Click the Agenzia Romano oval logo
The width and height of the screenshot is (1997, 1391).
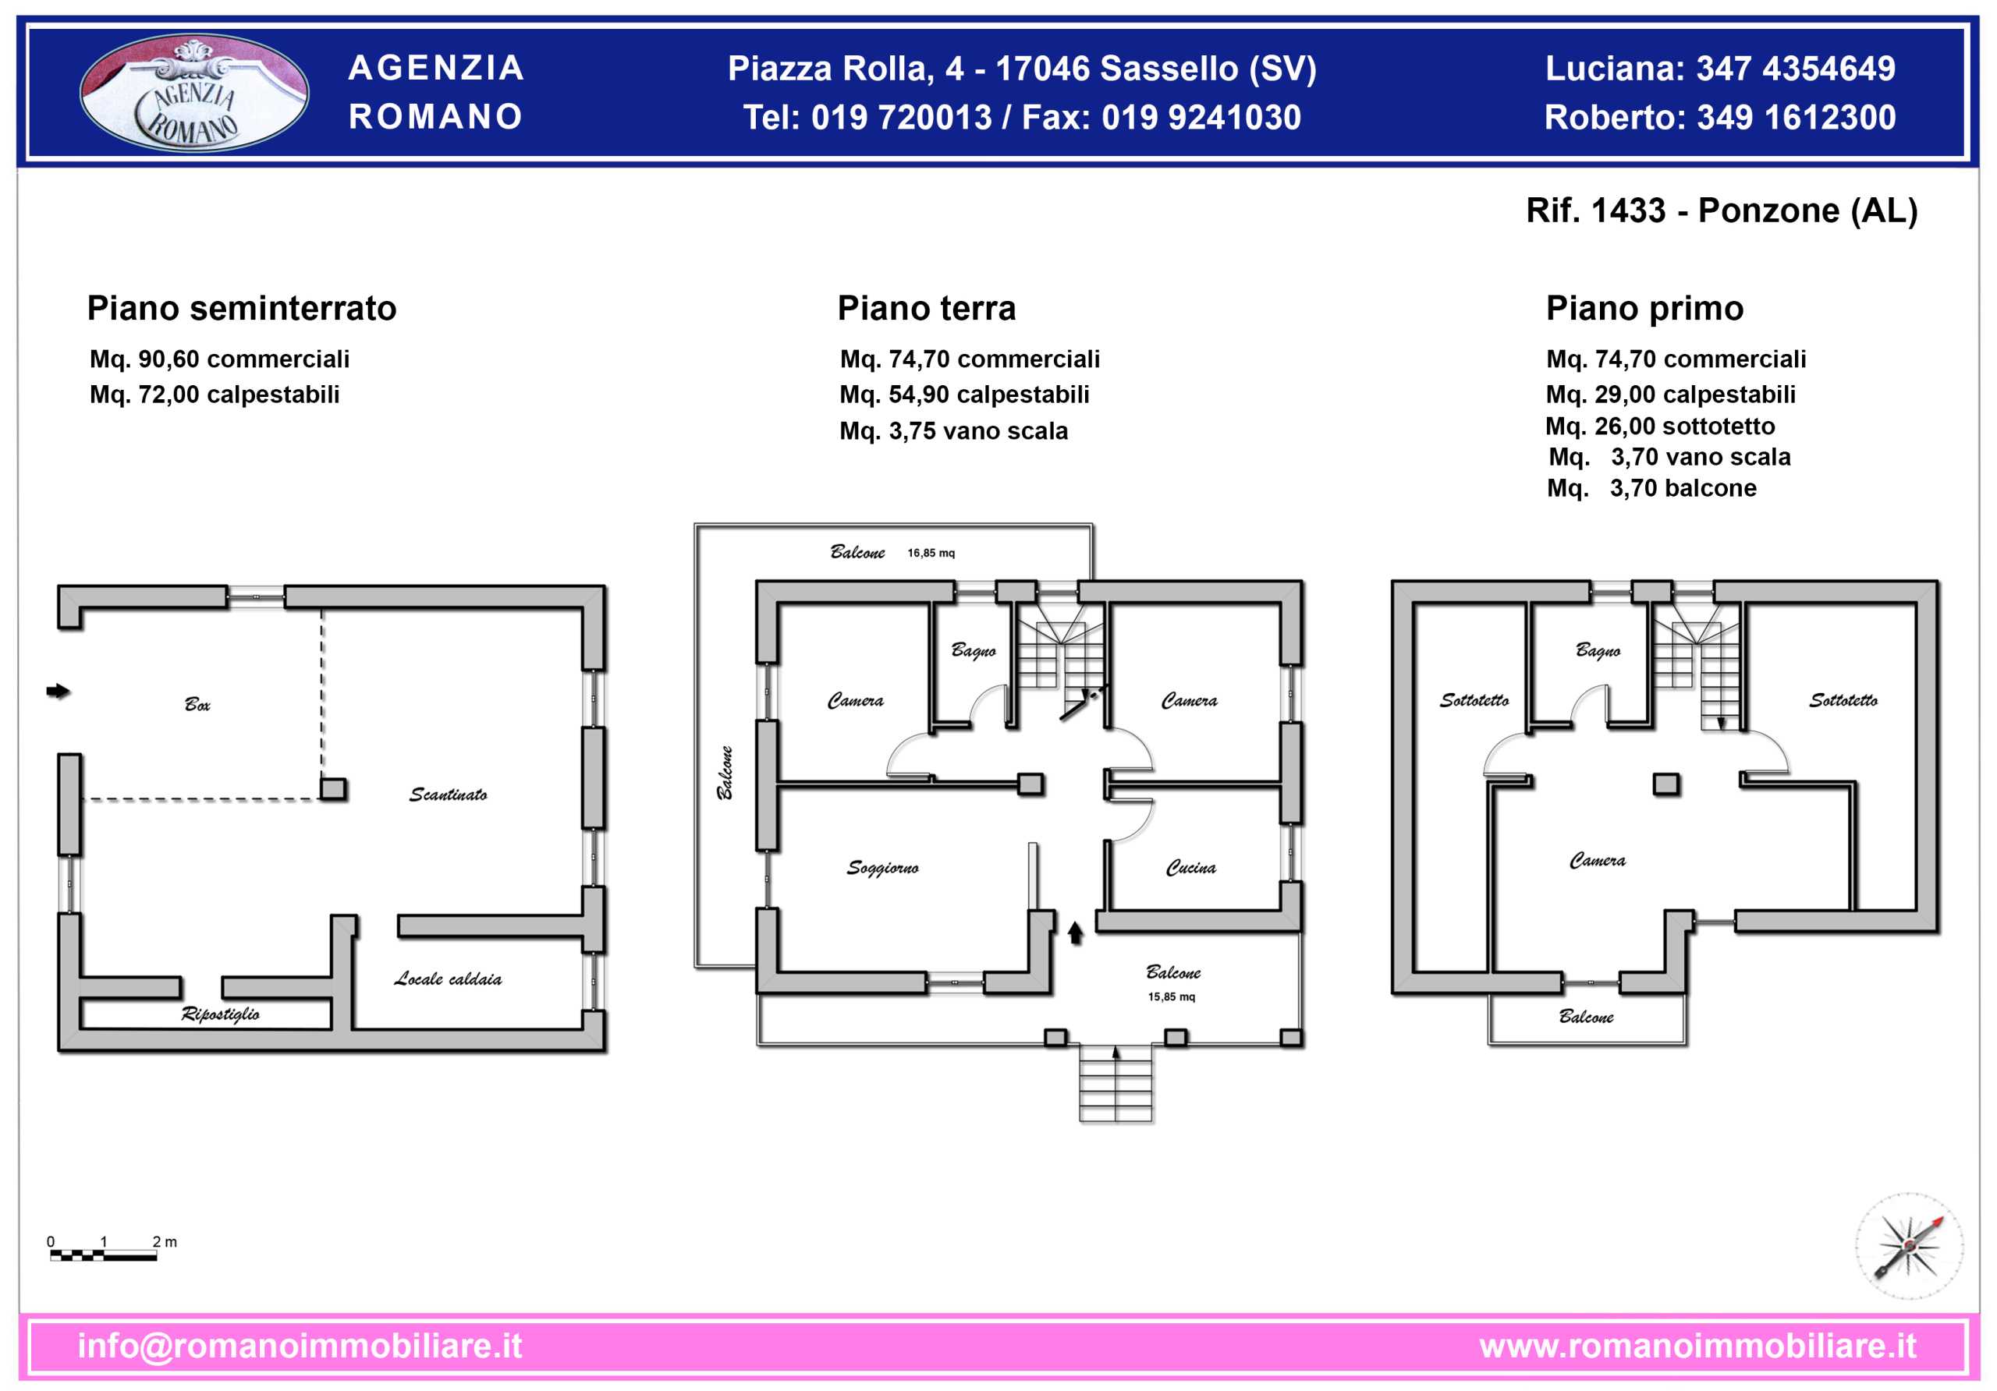pyautogui.click(x=194, y=92)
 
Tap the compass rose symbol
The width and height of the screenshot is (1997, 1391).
pyautogui.click(x=1908, y=1245)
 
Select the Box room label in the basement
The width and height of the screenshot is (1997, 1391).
pyautogui.click(x=197, y=704)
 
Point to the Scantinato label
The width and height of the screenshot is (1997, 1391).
pyautogui.click(x=448, y=795)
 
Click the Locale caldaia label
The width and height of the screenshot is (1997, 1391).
pyautogui.click(x=448, y=979)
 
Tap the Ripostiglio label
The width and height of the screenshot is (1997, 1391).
pyautogui.click(x=220, y=1014)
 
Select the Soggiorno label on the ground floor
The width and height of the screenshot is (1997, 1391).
pyautogui.click(x=882, y=868)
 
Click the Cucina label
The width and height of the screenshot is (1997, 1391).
pyautogui.click(x=1190, y=868)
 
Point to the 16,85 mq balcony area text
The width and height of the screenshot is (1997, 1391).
pyautogui.click(x=931, y=553)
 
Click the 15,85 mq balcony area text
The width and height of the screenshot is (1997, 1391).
pyautogui.click(x=1172, y=997)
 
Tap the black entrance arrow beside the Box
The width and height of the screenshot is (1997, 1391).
pyautogui.click(x=59, y=691)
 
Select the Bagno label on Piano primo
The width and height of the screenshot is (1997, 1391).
pyautogui.click(x=1598, y=650)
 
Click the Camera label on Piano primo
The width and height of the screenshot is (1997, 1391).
pyautogui.click(x=1597, y=861)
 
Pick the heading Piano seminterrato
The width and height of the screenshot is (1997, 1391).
pyautogui.click(x=242, y=309)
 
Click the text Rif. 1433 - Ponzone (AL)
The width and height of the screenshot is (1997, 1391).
pyautogui.click(x=1722, y=211)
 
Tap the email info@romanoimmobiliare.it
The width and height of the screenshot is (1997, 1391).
pyautogui.click(x=300, y=1346)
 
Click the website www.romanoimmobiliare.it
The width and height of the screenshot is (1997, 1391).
pyautogui.click(x=1697, y=1346)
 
